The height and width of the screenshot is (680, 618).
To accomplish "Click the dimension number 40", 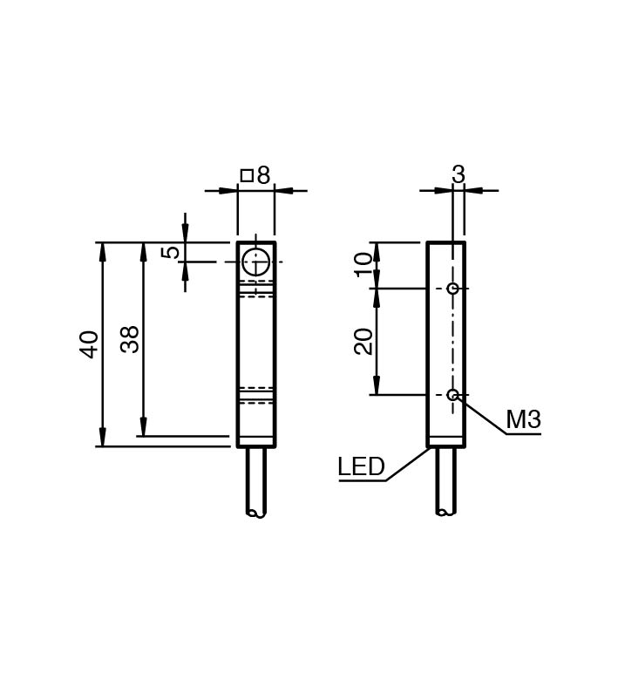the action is [89, 344].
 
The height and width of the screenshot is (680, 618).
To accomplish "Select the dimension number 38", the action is [130, 339].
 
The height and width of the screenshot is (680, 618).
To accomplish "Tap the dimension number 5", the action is [171, 252].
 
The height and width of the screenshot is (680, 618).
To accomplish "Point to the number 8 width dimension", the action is [263, 175].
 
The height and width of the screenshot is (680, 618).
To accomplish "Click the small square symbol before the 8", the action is [247, 175].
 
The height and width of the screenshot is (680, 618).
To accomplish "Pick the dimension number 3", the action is [458, 174].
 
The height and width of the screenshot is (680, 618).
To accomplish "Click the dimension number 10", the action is [363, 265].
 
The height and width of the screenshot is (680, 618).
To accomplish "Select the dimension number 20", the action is [363, 342].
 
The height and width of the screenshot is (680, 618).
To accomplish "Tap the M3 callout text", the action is [524, 419].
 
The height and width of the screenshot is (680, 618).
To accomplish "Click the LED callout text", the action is [361, 466].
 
